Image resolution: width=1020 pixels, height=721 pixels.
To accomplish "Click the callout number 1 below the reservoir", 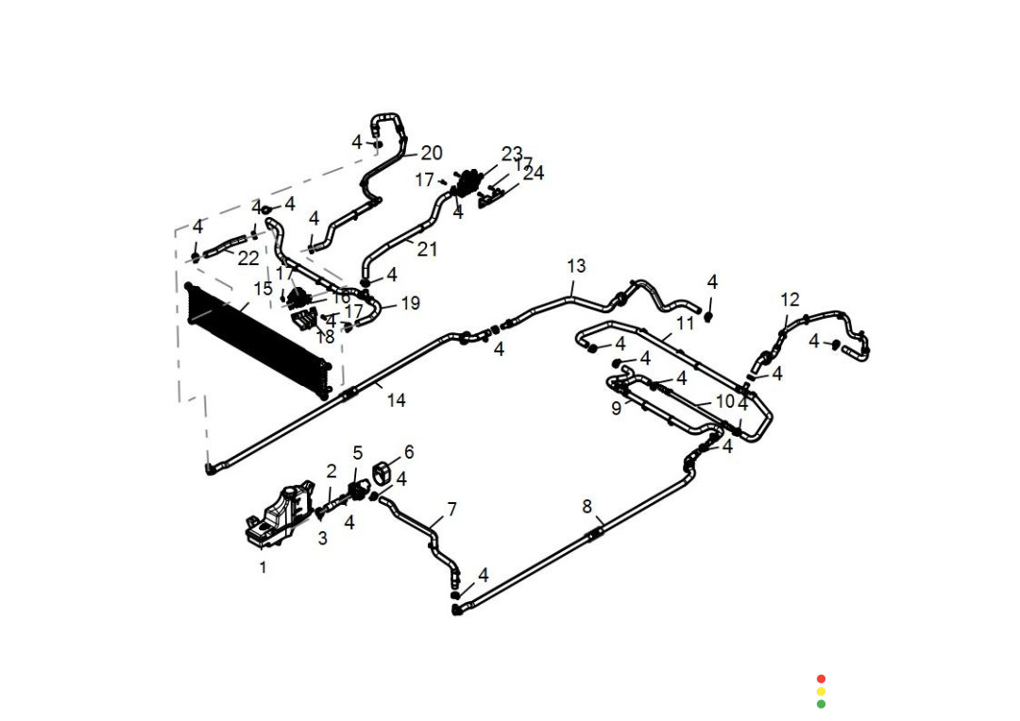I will [x=263, y=567].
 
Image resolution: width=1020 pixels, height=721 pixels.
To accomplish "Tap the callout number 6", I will [x=409, y=452].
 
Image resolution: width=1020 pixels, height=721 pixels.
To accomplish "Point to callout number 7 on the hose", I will [x=451, y=510].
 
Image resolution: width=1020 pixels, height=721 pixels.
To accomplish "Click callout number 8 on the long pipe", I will [x=586, y=507].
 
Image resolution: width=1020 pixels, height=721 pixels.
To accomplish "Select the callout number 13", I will [x=576, y=265].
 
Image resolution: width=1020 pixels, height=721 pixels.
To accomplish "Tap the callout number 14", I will [x=396, y=400].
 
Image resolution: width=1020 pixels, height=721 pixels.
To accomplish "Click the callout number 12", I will [x=790, y=299].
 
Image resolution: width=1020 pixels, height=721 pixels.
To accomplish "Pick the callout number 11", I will [x=685, y=323].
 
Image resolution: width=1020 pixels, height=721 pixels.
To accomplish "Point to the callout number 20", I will [x=431, y=153].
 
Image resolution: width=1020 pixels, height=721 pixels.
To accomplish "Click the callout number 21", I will [x=427, y=249].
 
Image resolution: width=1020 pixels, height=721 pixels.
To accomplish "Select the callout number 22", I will [x=247, y=258].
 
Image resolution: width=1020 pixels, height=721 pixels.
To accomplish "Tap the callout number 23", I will [x=512, y=153].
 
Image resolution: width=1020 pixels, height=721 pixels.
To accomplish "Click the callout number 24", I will [x=534, y=174].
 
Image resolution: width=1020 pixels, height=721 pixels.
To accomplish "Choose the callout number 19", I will [x=410, y=304].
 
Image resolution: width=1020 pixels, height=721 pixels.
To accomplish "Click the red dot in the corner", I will [x=821, y=679].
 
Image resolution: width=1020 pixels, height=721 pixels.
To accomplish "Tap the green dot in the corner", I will [x=821, y=704].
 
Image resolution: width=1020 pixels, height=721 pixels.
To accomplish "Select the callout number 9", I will [x=616, y=409].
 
